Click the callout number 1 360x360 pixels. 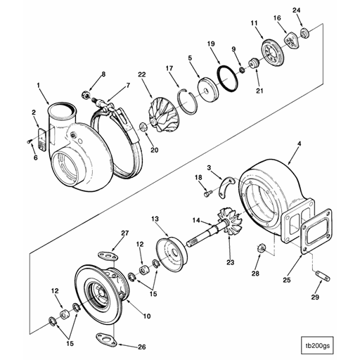(x=37, y=86)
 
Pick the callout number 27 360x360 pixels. (x=126, y=233)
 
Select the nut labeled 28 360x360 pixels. (x=261, y=247)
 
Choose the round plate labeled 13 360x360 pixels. (x=169, y=250)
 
